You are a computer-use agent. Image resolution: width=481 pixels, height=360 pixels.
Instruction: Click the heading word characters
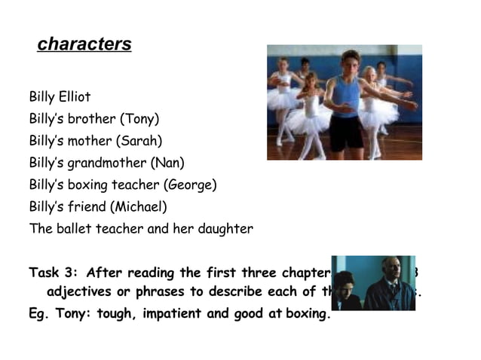coord(84,44)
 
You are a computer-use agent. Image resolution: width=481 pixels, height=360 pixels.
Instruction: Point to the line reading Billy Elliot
coord(60,97)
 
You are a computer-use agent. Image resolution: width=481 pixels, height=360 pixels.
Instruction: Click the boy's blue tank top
coord(346,96)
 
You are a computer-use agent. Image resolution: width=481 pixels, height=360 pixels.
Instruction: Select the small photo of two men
coord(373,282)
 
